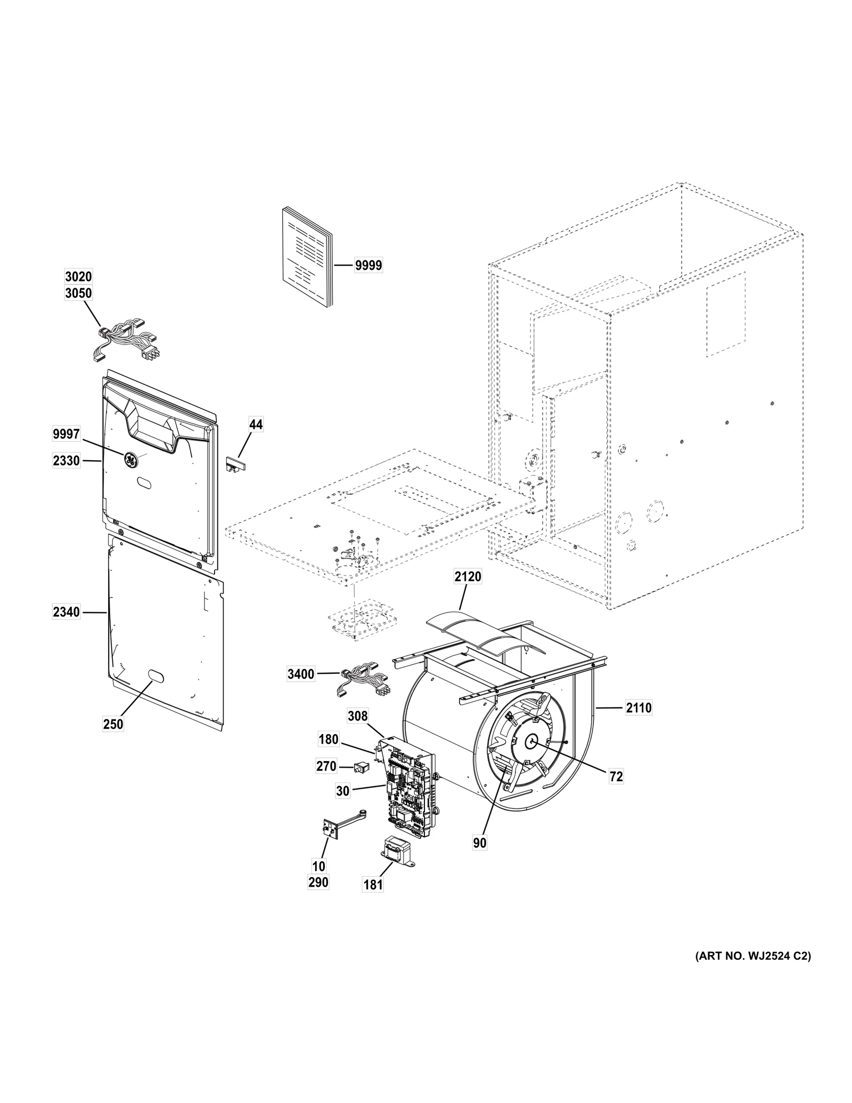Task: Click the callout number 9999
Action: coord(368,265)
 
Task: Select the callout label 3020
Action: coord(78,276)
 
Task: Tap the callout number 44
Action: coord(256,424)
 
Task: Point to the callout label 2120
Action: coord(468,576)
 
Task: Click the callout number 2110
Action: coord(638,708)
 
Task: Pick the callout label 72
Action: coord(616,777)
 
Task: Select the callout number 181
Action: coord(373,885)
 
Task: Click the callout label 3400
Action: coord(300,674)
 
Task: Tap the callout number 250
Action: coord(113,724)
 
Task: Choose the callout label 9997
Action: coord(66,434)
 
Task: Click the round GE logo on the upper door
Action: coord(130,459)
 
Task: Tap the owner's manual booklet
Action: coord(306,258)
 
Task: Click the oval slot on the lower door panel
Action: coord(154,675)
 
